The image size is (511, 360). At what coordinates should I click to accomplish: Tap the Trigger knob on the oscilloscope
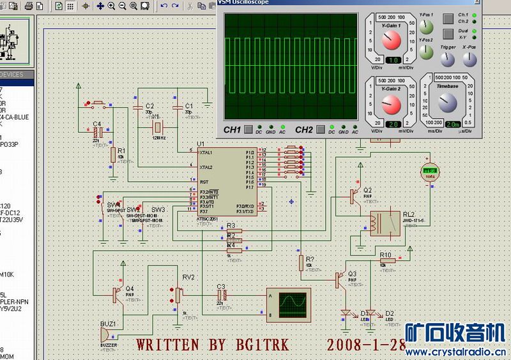click(448, 59)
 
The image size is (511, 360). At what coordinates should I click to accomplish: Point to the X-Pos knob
click(469, 59)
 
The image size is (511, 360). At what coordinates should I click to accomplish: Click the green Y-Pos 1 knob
click(427, 27)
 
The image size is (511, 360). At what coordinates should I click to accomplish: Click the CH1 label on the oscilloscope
click(232, 130)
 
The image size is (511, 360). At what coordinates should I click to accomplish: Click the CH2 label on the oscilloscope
click(303, 130)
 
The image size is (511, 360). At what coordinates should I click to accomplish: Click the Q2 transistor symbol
click(355, 196)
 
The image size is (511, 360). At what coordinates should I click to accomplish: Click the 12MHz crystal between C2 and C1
click(160, 126)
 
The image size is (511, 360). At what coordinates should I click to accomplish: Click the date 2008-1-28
click(365, 345)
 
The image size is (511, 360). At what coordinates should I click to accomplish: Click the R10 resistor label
click(386, 255)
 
